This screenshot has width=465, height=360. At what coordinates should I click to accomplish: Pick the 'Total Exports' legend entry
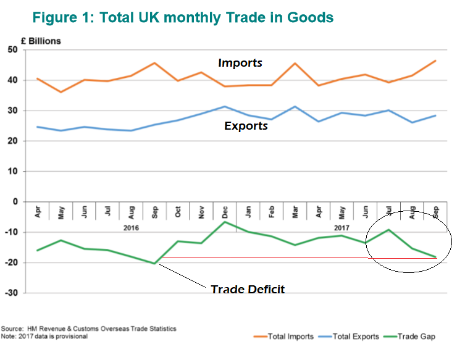coord(356,337)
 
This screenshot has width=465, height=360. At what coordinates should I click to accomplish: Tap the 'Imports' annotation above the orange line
coord(240,63)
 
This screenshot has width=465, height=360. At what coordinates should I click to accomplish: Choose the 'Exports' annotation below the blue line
coord(246,126)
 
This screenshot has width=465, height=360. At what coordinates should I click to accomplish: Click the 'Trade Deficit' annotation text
coord(248,289)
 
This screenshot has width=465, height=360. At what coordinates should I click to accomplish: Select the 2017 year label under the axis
coord(341,228)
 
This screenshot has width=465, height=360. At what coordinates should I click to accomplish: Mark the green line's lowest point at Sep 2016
coord(154,263)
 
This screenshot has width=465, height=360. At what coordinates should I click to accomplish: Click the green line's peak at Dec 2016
coord(226,222)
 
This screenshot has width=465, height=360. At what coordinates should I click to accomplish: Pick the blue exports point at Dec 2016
coord(226,106)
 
